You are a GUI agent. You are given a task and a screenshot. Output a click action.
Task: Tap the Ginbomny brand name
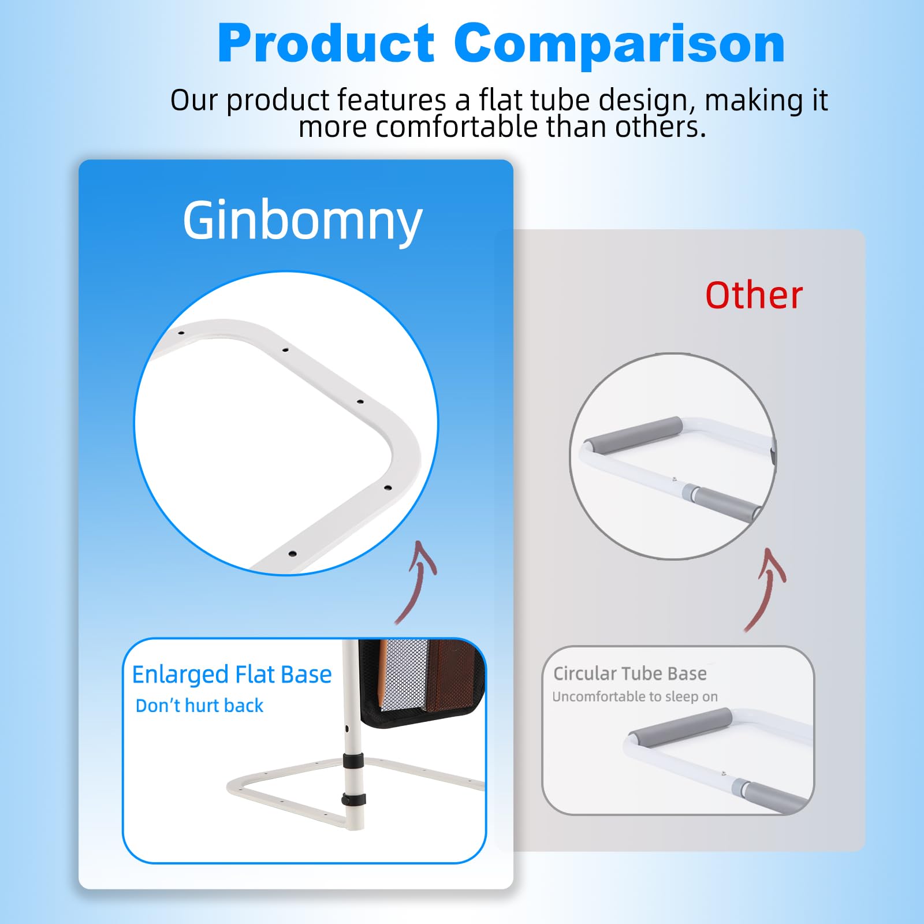(303, 221)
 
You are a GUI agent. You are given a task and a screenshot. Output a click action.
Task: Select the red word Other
(754, 296)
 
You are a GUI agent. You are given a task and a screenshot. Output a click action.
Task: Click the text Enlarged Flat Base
(232, 675)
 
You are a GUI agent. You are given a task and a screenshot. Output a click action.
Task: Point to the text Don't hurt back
(199, 706)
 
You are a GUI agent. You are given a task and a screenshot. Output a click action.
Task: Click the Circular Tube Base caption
(630, 673)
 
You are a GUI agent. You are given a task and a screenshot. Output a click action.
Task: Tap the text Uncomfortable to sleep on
(635, 696)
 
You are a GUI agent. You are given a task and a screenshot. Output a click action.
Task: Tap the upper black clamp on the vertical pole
(353, 761)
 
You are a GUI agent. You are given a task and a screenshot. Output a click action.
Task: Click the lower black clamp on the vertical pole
(353, 800)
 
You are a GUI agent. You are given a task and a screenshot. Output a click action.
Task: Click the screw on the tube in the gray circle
(675, 479)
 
